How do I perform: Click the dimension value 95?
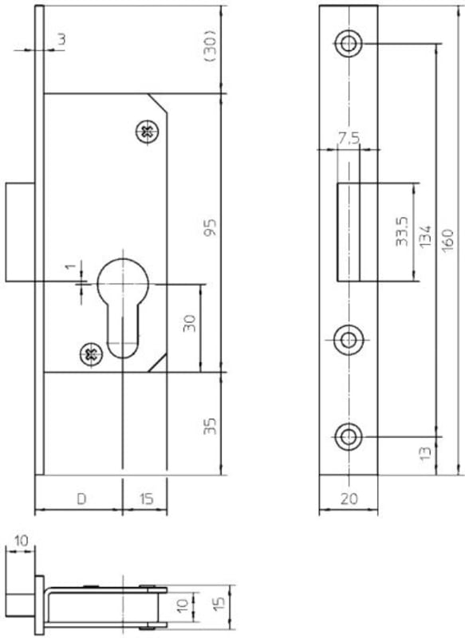pyautogui.click(x=211, y=228)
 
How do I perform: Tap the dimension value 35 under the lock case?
pyautogui.click(x=211, y=426)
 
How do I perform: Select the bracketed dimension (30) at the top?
pyautogui.click(x=211, y=46)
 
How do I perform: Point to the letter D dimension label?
pyautogui.click(x=82, y=498)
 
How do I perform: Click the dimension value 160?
pyautogui.click(x=447, y=241)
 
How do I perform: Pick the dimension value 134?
pyautogui.click(x=425, y=236)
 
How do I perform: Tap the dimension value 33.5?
pyautogui.click(x=402, y=231)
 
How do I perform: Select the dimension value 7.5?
pyautogui.click(x=349, y=138)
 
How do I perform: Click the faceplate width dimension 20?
pyautogui.click(x=349, y=498)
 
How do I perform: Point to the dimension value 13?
pyautogui.click(x=424, y=453)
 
